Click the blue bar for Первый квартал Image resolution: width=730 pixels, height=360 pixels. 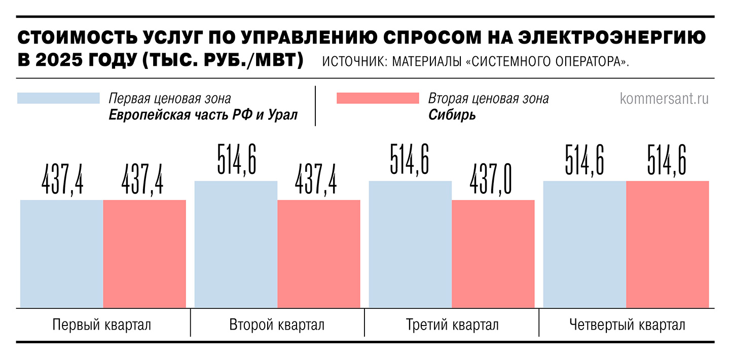click(x=62, y=254)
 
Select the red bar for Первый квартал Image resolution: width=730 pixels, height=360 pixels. click(x=144, y=254)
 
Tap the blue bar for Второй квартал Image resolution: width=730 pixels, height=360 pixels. click(x=236, y=244)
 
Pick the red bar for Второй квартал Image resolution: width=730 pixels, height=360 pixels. click(x=319, y=254)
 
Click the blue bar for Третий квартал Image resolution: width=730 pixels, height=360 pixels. click(x=410, y=244)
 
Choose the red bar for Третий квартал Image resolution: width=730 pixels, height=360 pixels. click(x=493, y=254)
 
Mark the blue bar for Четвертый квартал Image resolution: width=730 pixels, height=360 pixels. click(x=585, y=244)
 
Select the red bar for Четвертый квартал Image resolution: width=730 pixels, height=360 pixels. click(x=668, y=244)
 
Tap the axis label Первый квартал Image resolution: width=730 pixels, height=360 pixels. click(x=102, y=325)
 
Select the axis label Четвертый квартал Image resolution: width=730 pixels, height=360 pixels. click(x=627, y=325)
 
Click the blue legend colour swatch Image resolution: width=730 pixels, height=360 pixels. click(x=58, y=98)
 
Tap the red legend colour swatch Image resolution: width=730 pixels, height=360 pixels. click(x=378, y=98)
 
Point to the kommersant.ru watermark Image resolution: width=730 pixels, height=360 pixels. click(x=664, y=98)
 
